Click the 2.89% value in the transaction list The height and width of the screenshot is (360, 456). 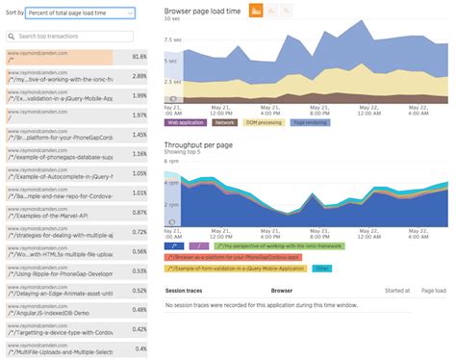point(139,75)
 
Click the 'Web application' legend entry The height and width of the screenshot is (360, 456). point(187,123)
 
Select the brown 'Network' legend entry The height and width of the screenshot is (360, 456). point(224,123)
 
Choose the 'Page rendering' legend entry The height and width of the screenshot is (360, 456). point(310,123)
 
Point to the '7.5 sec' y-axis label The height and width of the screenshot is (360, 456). point(172,39)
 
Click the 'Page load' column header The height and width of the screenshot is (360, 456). point(435,289)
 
